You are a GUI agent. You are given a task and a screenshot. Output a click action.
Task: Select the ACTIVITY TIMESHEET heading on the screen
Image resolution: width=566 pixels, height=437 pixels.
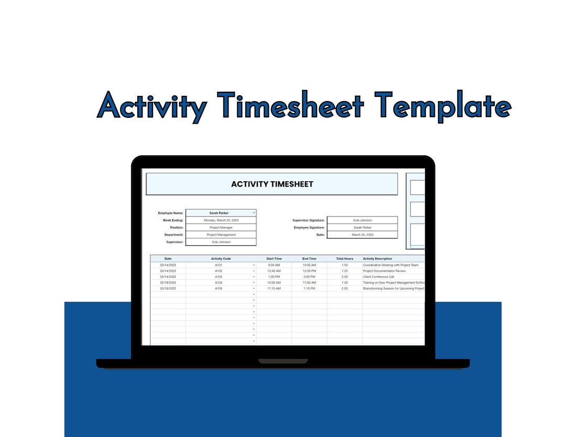point(272,184)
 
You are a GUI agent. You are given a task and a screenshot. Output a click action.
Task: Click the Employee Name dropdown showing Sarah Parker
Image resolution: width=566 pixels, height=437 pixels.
point(221,213)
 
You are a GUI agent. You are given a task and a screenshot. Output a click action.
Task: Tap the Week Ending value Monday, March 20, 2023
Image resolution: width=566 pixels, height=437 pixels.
point(221,221)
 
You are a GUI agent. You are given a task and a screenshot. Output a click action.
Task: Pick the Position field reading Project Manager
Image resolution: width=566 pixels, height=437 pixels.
point(221,228)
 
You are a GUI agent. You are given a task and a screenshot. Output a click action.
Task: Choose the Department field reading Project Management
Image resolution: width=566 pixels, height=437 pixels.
point(221,235)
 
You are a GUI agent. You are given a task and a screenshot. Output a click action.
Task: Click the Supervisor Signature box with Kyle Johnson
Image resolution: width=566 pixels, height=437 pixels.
point(362,221)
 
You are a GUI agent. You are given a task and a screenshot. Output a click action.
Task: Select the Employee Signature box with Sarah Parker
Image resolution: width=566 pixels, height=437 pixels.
point(362,228)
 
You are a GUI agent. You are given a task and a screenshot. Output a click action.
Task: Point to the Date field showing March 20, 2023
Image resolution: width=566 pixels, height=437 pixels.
point(362,235)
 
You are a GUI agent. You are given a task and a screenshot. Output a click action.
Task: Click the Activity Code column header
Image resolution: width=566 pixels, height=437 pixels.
point(221,259)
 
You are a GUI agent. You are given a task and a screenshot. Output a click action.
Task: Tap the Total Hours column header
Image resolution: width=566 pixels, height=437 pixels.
point(344,259)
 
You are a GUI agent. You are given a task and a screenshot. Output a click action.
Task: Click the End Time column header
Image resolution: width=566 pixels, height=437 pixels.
point(309,259)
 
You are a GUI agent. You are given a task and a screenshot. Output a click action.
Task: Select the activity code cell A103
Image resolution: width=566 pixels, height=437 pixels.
point(219,277)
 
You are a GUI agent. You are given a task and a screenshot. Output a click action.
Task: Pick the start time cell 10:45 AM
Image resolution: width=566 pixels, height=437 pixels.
point(274,271)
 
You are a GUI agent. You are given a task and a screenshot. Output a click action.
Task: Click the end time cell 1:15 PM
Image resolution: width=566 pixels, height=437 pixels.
point(309,289)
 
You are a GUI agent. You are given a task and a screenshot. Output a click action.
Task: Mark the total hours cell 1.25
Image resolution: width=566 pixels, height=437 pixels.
point(344,271)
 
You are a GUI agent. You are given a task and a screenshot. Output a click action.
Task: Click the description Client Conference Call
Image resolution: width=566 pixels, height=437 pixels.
point(378,277)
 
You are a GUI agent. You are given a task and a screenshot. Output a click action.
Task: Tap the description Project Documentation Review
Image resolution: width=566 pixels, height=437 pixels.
point(384,271)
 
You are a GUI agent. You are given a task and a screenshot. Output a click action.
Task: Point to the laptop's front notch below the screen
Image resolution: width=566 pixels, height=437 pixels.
point(283,361)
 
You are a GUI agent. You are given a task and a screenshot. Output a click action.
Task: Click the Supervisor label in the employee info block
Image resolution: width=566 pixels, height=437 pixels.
point(175,242)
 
